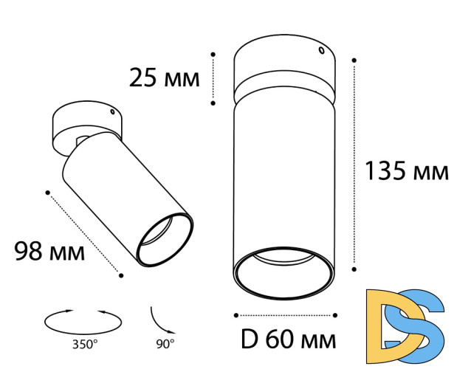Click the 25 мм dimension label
(164, 77)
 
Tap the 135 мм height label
(406, 171)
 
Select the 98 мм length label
(49, 251)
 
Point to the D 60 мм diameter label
(288, 339)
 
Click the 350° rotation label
(85, 345)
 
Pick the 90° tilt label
(165, 344)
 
